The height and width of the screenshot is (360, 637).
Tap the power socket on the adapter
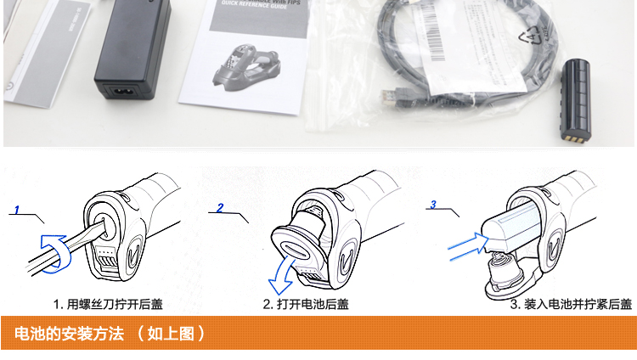click(x=120, y=87)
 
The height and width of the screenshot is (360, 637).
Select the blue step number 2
click(x=221, y=207)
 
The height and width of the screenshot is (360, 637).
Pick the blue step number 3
click(x=433, y=205)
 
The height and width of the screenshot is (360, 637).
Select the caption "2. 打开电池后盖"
click(x=306, y=304)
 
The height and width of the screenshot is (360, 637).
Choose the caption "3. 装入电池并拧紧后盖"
click(x=571, y=304)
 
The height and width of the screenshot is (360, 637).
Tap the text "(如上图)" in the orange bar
click(x=171, y=333)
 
